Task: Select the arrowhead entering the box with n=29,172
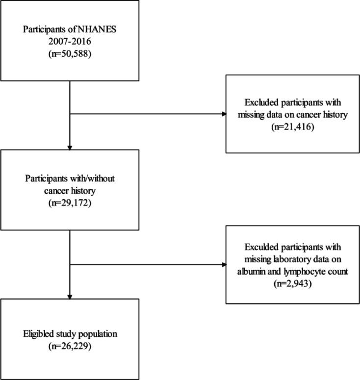(70, 147)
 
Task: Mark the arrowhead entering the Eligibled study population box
(70, 296)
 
